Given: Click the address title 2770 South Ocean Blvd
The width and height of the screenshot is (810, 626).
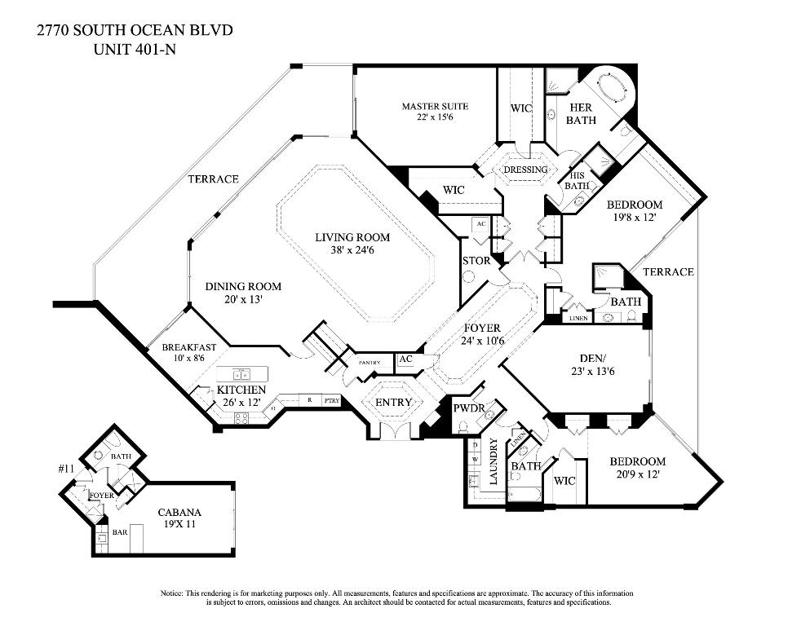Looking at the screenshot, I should (x=135, y=31).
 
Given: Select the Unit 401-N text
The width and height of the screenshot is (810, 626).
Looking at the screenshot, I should (x=135, y=48).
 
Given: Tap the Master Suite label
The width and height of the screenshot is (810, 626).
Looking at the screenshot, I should (x=435, y=106).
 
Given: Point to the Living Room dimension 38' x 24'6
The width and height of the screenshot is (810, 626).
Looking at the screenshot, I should (x=352, y=251).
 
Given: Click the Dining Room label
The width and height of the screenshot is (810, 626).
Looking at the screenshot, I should (x=243, y=286).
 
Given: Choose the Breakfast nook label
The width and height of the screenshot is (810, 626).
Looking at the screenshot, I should (x=188, y=346).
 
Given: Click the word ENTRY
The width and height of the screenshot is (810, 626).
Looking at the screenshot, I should (x=393, y=403).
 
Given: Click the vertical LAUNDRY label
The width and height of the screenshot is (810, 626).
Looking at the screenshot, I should (x=494, y=461).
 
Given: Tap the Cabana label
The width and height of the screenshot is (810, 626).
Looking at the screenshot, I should (x=180, y=513).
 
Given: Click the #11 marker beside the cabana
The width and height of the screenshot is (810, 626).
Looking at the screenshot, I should (x=67, y=469).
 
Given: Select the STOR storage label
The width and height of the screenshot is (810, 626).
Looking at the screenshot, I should (x=476, y=262).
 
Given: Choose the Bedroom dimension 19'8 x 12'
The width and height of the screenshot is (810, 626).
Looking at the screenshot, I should (x=634, y=218).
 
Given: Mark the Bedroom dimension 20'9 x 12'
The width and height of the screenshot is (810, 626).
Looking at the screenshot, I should (x=637, y=474).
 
